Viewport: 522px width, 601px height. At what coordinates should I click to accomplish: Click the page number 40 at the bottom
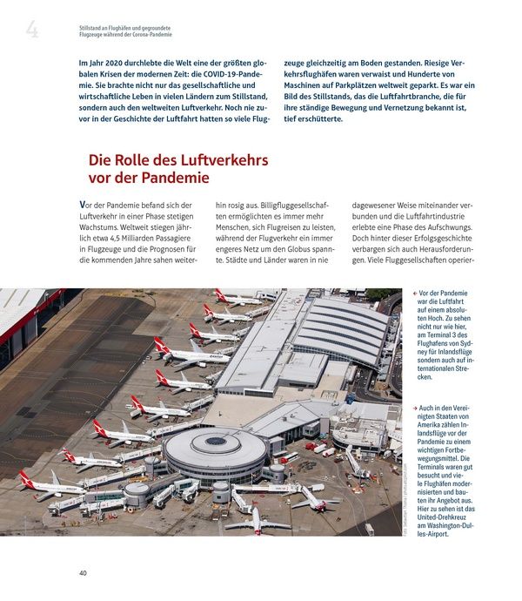(83, 572)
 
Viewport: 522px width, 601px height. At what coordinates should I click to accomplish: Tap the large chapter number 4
(33, 32)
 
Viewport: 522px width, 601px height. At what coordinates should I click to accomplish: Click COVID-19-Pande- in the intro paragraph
(233, 77)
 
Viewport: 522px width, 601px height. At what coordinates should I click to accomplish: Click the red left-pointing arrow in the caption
(413, 294)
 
